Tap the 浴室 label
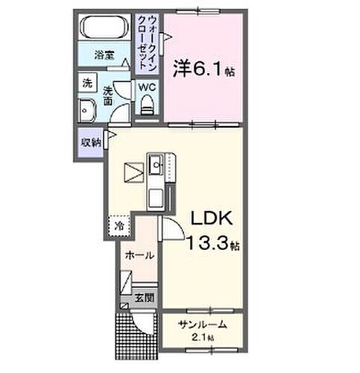(x=104, y=54)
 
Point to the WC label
(x=147, y=87)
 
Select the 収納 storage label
(x=90, y=141)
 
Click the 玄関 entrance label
(x=144, y=298)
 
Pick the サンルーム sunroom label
(x=202, y=326)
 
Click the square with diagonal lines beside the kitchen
(x=133, y=174)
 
